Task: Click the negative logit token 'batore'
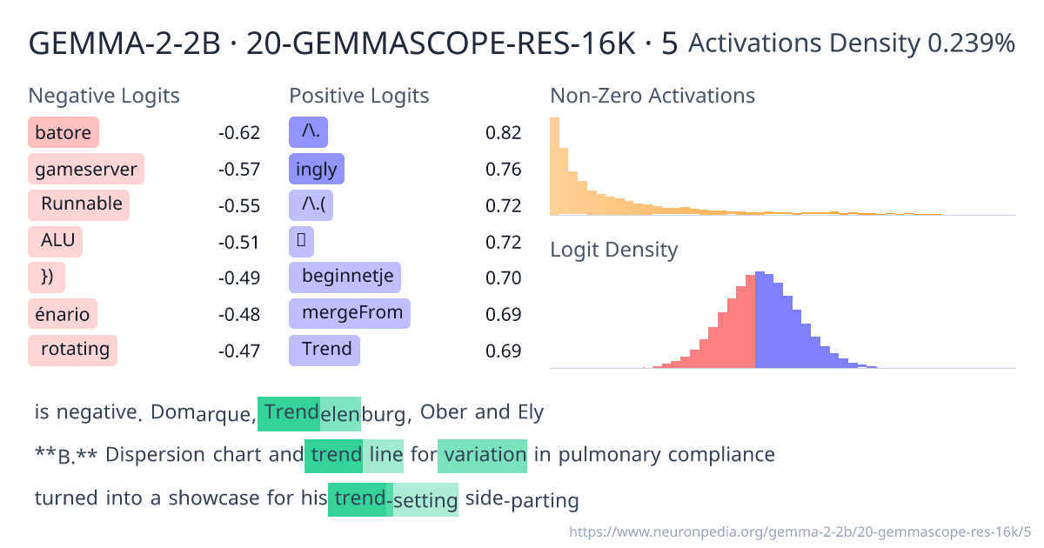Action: [64, 132]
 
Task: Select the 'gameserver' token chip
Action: [86, 169]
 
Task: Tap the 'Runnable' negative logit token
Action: [79, 205]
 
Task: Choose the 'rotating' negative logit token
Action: [73, 350]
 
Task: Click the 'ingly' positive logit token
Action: [316, 169]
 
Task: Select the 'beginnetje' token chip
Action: [345, 277]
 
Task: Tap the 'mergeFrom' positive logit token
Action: [350, 313]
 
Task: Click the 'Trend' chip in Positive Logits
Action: [325, 350]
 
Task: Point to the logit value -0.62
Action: [238, 133]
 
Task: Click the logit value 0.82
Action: [503, 133]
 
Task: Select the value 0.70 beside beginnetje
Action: [503, 278]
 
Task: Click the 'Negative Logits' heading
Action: [104, 96]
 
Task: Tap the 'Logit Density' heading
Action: [613, 251]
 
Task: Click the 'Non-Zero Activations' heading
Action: [652, 96]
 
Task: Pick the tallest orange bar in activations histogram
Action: [554, 165]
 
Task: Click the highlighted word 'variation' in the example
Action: [483, 455]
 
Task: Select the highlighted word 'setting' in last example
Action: [425, 500]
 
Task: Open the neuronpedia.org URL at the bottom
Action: [800, 530]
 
